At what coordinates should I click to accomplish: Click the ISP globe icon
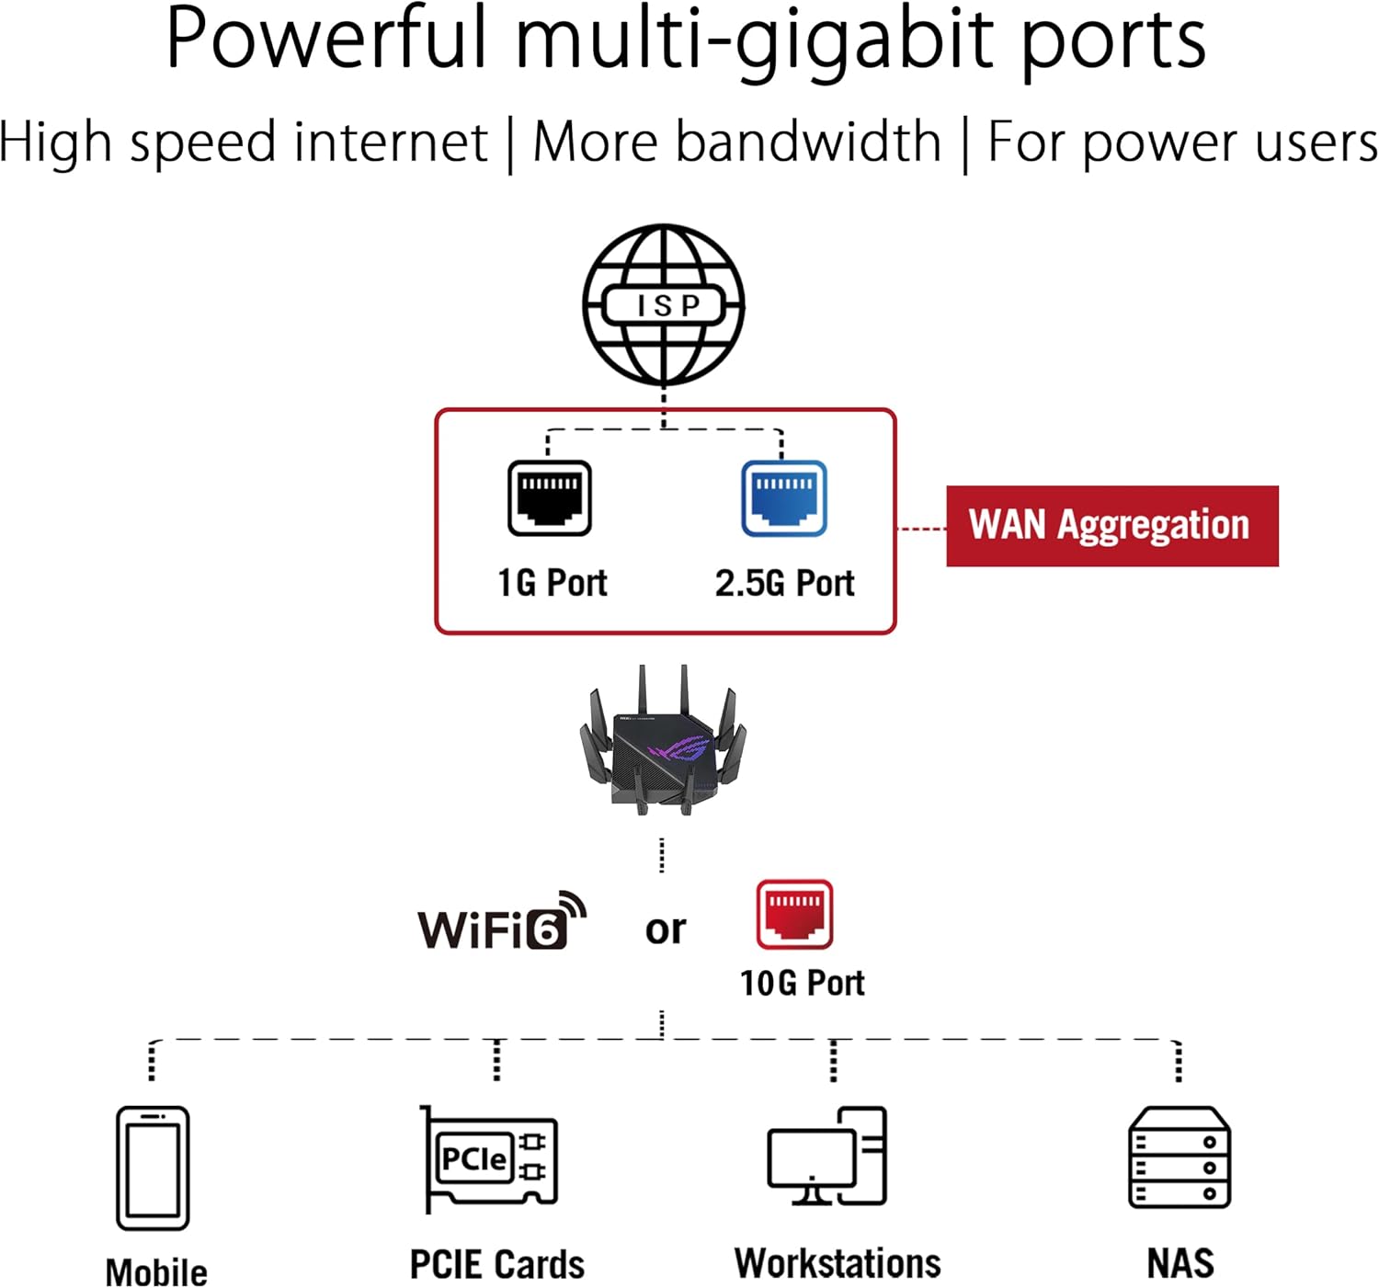tap(663, 304)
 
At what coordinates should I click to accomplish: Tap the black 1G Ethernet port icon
tap(549, 498)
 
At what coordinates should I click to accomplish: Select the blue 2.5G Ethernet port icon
tap(783, 498)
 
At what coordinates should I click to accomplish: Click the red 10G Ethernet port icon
tap(794, 915)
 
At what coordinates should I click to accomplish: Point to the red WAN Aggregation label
tap(1111, 526)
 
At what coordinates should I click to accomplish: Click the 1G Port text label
tap(552, 583)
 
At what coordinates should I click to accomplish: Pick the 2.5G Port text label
tap(784, 583)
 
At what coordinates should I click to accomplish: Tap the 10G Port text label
tap(802, 983)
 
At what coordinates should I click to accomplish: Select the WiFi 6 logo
tap(501, 922)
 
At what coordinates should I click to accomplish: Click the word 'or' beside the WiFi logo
tap(665, 929)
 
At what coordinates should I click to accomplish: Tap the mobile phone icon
tap(153, 1168)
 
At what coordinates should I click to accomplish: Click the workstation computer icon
tap(826, 1157)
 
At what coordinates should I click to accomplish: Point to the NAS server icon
tap(1179, 1157)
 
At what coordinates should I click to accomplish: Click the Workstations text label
tap(838, 1263)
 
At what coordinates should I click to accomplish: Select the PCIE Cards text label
tap(496, 1264)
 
